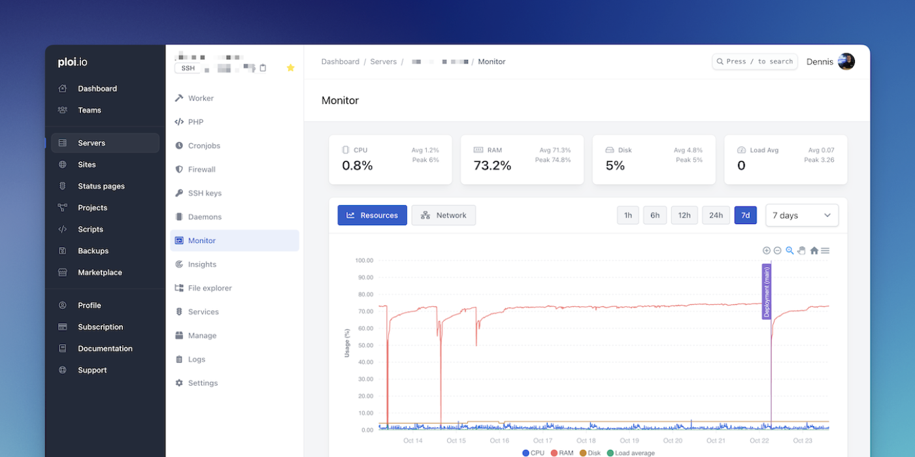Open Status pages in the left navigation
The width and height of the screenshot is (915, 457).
click(x=101, y=186)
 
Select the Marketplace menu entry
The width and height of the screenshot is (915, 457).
click(x=99, y=272)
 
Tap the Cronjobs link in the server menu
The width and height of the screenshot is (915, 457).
click(x=204, y=146)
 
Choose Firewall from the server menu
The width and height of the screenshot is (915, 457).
click(x=201, y=169)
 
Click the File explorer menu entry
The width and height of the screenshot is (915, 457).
click(x=209, y=288)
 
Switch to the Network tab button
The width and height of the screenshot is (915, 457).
click(x=444, y=215)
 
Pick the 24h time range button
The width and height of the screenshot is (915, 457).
click(x=716, y=215)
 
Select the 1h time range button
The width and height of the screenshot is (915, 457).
click(x=628, y=215)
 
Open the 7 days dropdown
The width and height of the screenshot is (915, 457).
click(x=802, y=215)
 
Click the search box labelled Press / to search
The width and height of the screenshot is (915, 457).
click(x=755, y=61)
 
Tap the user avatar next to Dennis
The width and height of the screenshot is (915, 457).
click(x=846, y=61)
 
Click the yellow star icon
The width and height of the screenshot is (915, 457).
click(x=291, y=68)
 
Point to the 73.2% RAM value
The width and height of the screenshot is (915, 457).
click(x=492, y=166)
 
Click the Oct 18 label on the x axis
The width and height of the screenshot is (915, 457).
click(x=586, y=441)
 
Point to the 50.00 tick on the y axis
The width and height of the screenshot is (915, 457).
click(x=363, y=345)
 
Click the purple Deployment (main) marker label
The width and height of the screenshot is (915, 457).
click(x=767, y=291)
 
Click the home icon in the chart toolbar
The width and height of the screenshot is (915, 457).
click(x=814, y=251)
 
